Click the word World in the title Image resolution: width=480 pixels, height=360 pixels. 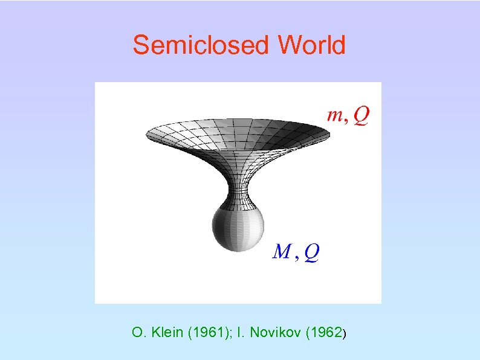click(x=312, y=45)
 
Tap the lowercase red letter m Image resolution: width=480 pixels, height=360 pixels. click(x=334, y=115)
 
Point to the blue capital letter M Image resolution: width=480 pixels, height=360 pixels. click(x=282, y=251)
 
